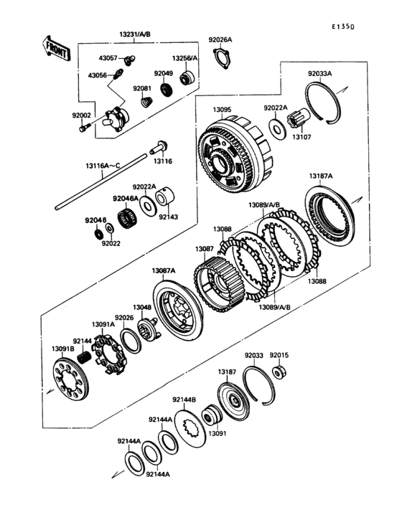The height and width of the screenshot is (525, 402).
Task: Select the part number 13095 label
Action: pos(222,110)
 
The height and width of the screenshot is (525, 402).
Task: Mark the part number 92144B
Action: pos(185,399)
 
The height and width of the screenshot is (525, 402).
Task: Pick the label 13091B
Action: pos(62,349)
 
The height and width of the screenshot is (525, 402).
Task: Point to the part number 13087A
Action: pos(164,270)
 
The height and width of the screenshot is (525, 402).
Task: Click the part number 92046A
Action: pos(125,198)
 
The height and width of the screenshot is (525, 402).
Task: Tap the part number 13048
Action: pos(142,307)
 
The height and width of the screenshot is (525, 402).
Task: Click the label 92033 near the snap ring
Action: pos(254,354)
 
